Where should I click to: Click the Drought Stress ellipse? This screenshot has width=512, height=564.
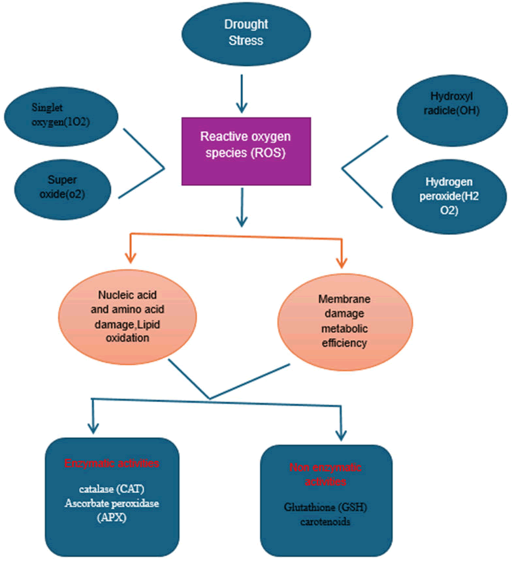tap(243, 33)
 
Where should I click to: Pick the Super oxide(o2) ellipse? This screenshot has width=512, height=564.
tap(59, 184)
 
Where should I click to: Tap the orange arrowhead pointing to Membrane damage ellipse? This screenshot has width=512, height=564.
tap(340, 262)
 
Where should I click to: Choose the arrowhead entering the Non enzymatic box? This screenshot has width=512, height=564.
tap(340, 435)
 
